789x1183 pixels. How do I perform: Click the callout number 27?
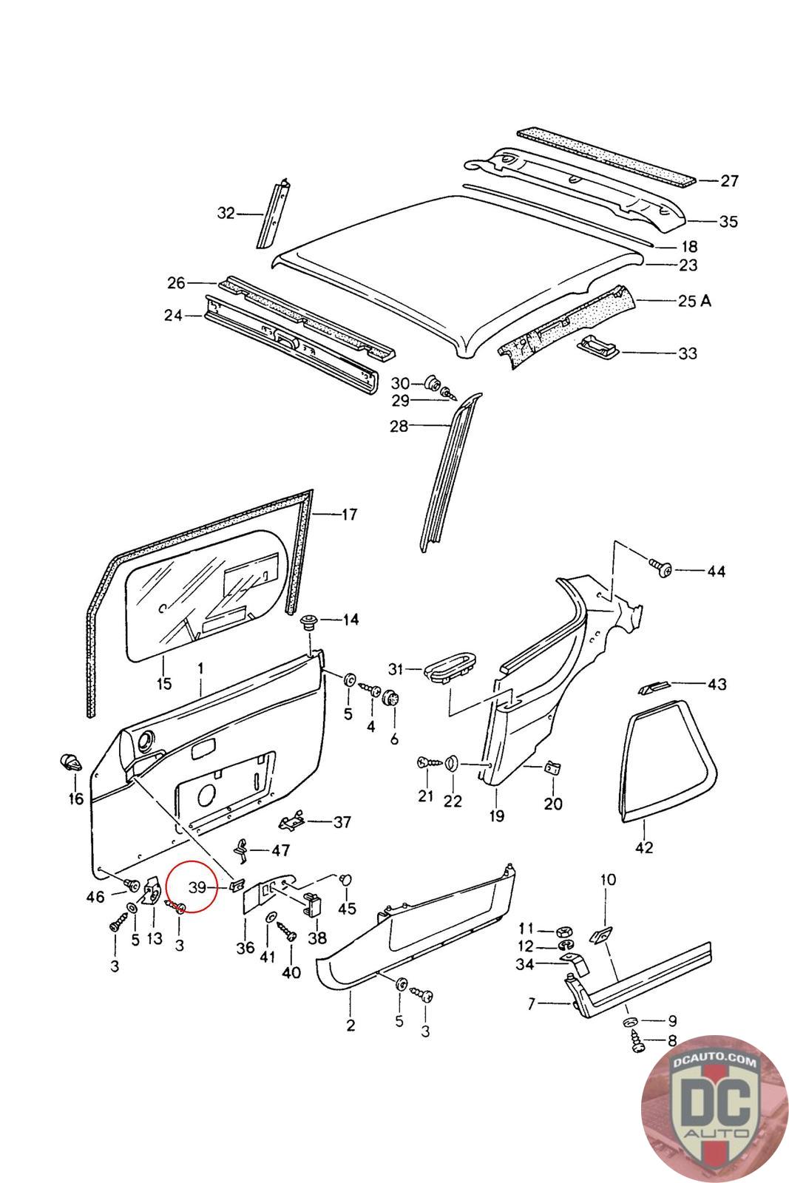(x=729, y=180)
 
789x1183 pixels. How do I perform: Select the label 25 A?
(x=694, y=300)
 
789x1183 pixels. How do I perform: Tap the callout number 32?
(x=226, y=213)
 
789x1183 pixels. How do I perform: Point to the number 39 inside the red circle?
(x=197, y=887)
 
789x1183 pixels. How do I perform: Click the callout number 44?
(x=716, y=571)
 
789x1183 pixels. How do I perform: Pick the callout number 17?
(x=349, y=514)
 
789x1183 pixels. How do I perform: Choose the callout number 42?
(x=644, y=847)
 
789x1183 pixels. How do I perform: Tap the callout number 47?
(x=280, y=850)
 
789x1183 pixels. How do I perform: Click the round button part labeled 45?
(x=346, y=879)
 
